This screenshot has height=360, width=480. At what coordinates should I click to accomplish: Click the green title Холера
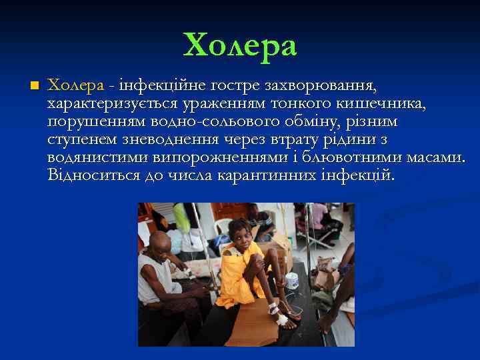240,46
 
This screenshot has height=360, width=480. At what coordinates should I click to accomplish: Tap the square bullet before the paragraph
35,85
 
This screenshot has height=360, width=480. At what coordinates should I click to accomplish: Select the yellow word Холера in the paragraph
76,86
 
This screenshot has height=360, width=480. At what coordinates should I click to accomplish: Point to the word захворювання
321,86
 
